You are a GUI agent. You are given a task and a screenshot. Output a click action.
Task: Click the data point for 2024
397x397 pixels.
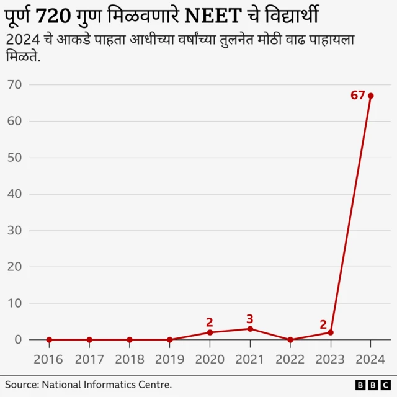pyautogui.click(x=370, y=96)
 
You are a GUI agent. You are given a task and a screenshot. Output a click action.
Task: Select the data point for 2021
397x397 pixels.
pyautogui.click(x=250, y=329)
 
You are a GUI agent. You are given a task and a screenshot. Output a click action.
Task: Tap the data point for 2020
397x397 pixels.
pyautogui.click(x=210, y=332)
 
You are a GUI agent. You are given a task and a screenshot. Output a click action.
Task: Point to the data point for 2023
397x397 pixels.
pyautogui.click(x=330, y=332)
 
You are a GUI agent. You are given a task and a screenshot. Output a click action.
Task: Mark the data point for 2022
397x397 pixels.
pyautogui.click(x=290, y=340)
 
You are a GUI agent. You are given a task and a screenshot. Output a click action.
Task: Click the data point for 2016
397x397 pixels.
pyautogui.click(x=49, y=340)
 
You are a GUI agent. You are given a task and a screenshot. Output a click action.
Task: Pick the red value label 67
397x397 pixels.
pyautogui.click(x=357, y=96)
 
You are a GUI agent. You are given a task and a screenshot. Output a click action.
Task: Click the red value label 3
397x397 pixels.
pyautogui.click(x=249, y=319)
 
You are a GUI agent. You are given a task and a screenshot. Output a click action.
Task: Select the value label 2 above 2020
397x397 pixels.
pyautogui.click(x=210, y=322)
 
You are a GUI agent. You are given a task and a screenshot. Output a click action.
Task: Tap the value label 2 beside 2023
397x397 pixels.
pyautogui.click(x=323, y=324)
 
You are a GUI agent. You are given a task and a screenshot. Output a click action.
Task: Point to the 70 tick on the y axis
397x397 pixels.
pyautogui.click(x=15, y=85)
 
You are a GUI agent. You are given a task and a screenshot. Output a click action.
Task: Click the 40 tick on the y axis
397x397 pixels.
pyautogui.click(x=15, y=194)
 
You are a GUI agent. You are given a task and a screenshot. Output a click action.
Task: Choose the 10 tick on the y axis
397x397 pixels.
pyautogui.click(x=15, y=303)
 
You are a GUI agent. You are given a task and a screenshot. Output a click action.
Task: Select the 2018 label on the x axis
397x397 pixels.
pyautogui.click(x=129, y=360)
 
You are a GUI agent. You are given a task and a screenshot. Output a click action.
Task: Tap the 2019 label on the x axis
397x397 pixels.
pyautogui.click(x=169, y=360)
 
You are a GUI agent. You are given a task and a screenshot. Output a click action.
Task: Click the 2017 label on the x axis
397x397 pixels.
pyautogui.click(x=89, y=360)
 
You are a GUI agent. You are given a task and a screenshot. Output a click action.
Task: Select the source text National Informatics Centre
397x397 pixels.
pyautogui.click(x=107, y=385)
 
